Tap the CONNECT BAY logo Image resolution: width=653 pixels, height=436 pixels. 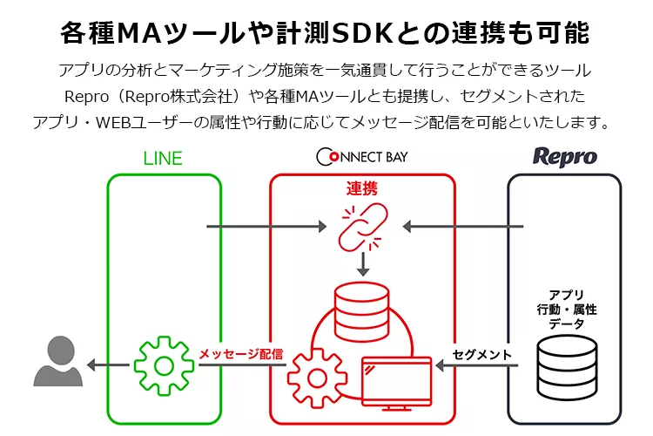coord(362,157)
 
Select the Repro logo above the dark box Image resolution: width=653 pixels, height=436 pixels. coord(564,157)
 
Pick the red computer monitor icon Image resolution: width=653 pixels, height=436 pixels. coord(397,377)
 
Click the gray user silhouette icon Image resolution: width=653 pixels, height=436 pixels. coord(57,361)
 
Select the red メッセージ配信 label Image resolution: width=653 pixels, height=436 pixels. coord(241,353)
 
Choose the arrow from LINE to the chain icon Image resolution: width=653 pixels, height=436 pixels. coord(261,228)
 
